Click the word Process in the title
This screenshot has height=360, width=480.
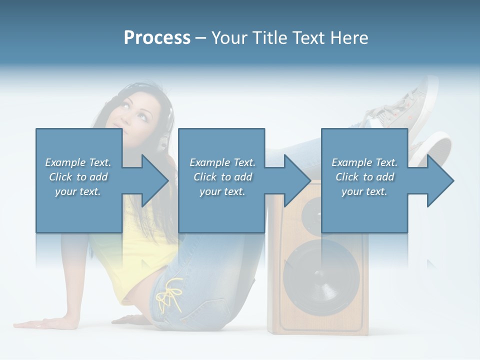(157, 38)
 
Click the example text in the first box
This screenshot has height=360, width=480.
(78, 177)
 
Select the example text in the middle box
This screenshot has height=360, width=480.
(222, 177)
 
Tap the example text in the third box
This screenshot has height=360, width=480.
(364, 177)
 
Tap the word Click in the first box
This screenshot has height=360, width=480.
(60, 177)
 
